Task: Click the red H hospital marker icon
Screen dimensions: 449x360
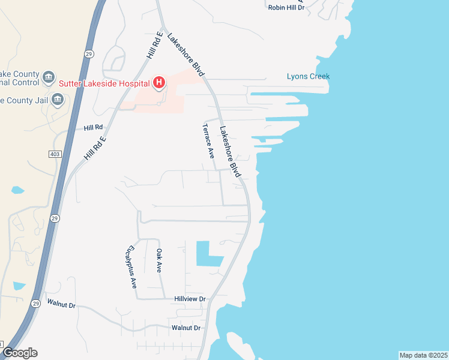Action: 159,82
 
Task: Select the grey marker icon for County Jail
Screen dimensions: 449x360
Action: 58,100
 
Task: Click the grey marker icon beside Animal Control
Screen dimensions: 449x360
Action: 49,77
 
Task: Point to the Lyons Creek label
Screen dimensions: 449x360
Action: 308,76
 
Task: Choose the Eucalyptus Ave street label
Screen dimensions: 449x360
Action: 131,267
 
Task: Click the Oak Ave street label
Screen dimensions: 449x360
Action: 159,261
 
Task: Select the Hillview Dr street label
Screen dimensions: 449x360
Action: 190,299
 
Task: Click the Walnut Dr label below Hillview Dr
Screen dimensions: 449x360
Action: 185,328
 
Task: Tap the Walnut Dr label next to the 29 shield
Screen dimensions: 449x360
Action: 61,305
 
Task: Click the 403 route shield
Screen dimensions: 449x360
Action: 55,154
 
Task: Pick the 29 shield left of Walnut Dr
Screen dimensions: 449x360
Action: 36,304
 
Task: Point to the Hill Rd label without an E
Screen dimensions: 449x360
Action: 94,128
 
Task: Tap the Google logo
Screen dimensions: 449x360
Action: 20,353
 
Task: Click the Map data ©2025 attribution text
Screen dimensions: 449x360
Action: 423,355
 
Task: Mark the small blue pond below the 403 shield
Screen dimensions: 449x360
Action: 18,190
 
